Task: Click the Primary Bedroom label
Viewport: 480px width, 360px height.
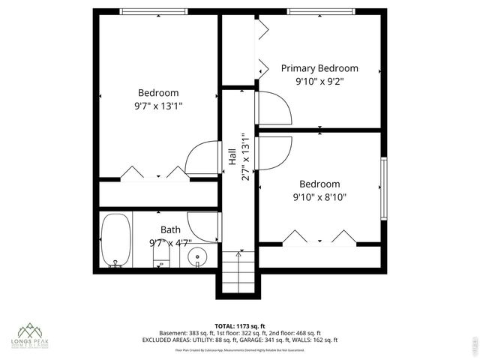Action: (319, 68)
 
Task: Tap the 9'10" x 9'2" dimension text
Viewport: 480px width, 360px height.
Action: (319, 81)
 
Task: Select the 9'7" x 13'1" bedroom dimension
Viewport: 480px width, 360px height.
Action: (153, 106)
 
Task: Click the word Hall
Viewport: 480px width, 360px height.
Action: (232, 156)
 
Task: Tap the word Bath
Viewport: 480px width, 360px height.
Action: (170, 229)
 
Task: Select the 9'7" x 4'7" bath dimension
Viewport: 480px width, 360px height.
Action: (170, 242)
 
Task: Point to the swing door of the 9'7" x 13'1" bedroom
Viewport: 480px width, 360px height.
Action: (202, 159)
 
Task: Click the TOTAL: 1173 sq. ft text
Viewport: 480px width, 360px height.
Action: (239, 325)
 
